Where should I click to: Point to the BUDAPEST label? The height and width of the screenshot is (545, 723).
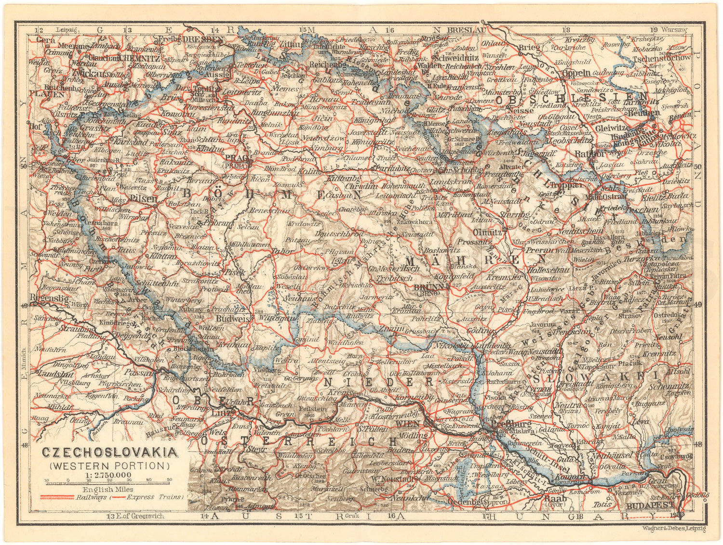[x=650, y=506]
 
